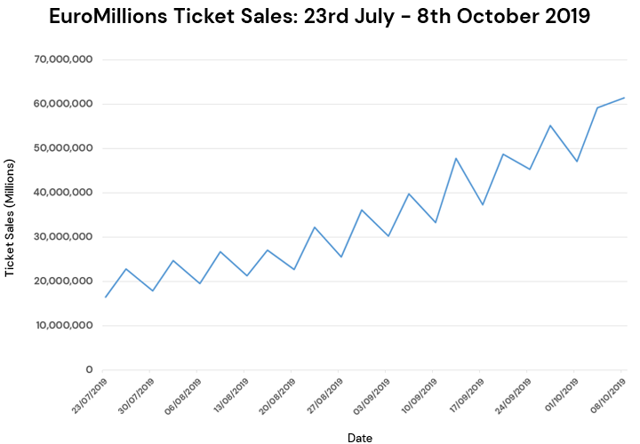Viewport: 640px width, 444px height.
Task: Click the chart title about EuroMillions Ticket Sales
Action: pyautogui.click(x=319, y=17)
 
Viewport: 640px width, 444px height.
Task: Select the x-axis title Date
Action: pyautogui.click(x=360, y=438)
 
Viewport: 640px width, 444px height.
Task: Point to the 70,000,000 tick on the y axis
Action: pyautogui.click(x=64, y=59)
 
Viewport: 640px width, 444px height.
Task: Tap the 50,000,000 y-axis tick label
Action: pyautogui.click(x=64, y=148)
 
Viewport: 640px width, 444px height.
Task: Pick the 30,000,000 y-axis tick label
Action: pyautogui.click(x=64, y=237)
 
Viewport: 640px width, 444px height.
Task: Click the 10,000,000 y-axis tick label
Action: pyautogui.click(x=64, y=326)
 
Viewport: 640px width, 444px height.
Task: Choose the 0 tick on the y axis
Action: pyautogui.click(x=89, y=370)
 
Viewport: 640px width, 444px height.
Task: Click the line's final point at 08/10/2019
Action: pyautogui.click(x=625, y=98)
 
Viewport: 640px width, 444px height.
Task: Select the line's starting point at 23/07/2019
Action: pyautogui.click(x=105, y=297)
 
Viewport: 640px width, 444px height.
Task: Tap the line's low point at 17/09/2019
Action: pyautogui.click(x=483, y=205)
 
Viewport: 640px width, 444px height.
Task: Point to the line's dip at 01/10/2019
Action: pyautogui.click(x=577, y=162)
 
